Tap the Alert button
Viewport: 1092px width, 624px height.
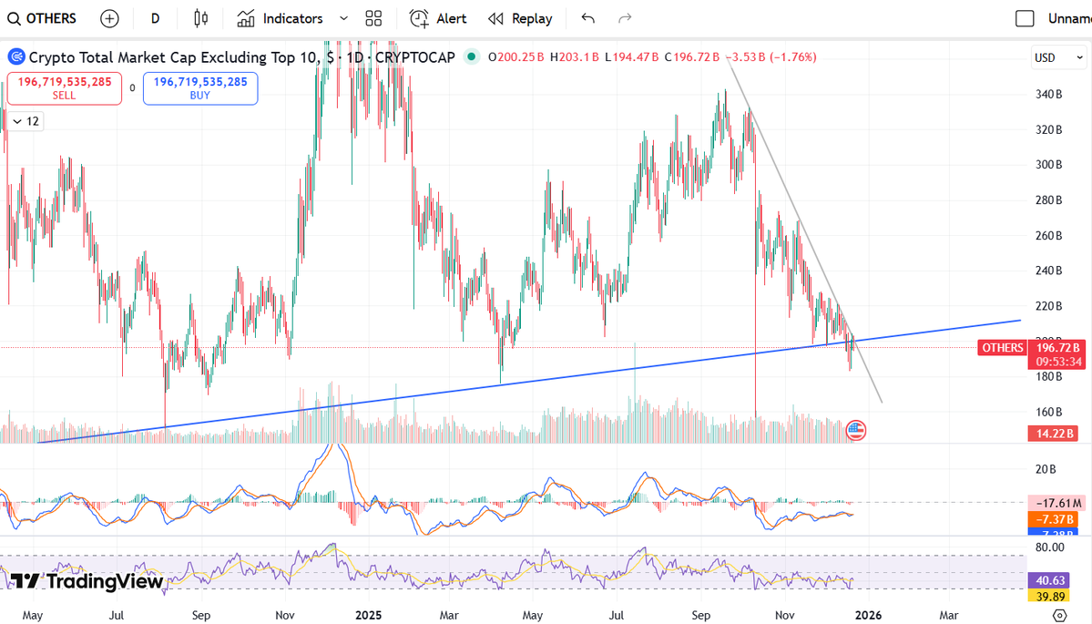(438, 18)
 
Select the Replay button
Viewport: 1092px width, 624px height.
(520, 18)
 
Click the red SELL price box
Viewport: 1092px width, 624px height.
(64, 88)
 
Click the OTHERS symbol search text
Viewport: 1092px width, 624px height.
(51, 18)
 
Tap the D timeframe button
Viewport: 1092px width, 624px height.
(156, 18)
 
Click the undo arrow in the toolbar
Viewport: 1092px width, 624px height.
(587, 18)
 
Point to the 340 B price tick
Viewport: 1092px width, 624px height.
(1050, 94)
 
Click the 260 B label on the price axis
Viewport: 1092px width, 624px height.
(1050, 235)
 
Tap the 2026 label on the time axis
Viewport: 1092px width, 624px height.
(867, 614)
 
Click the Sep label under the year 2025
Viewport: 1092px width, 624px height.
(700, 614)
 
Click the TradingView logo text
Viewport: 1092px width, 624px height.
(87, 581)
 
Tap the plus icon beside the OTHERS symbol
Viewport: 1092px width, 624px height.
(109, 18)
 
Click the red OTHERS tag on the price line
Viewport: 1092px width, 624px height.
(1002, 347)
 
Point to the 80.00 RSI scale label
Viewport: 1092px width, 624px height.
(1050, 547)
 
